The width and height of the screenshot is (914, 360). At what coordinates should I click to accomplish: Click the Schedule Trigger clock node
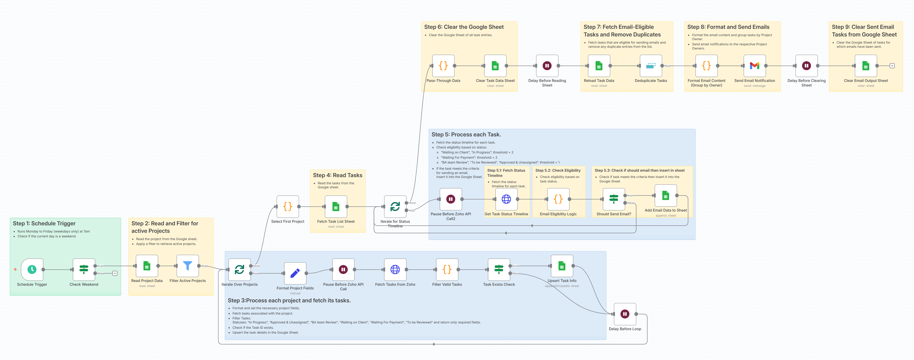[x=32, y=269]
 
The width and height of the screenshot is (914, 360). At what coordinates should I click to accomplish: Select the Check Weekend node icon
[x=84, y=269]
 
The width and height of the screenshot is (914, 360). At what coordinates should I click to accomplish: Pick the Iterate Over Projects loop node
[x=240, y=269]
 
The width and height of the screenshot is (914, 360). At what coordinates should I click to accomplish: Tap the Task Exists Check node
[x=499, y=269]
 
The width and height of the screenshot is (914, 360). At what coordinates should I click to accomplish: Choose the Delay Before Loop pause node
[x=625, y=314]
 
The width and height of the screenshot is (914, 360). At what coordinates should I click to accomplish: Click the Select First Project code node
[x=288, y=206]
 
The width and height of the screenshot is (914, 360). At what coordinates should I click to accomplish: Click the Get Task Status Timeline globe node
[x=506, y=199]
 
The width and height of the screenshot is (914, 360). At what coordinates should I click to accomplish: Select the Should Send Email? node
[x=614, y=199]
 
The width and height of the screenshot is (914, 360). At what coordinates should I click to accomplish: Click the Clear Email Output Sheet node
[x=866, y=66]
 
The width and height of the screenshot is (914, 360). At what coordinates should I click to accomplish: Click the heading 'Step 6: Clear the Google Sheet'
[x=464, y=27]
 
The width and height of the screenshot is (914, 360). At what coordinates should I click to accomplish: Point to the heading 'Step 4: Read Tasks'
[x=337, y=175]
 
